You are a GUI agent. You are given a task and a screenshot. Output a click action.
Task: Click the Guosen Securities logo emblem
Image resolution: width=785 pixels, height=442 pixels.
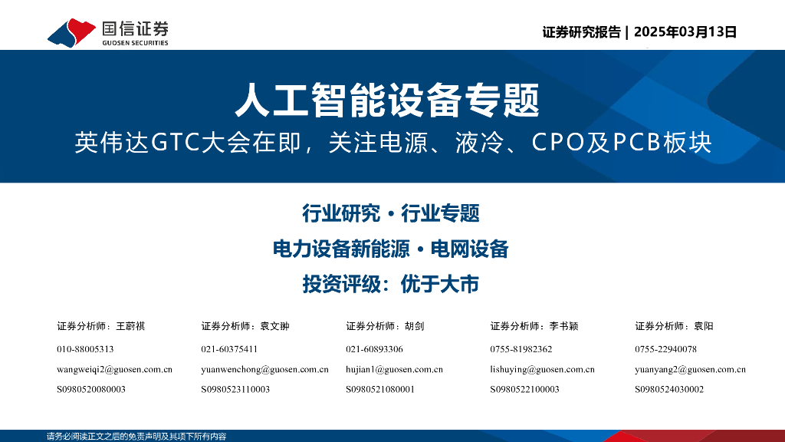tap(71, 32)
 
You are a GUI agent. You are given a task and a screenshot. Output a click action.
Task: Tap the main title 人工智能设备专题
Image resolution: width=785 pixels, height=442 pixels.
tap(387, 101)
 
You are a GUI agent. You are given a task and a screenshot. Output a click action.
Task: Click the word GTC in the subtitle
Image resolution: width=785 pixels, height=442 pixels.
tap(176, 143)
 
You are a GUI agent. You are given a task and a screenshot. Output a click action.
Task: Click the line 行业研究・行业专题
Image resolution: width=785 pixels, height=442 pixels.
tap(391, 213)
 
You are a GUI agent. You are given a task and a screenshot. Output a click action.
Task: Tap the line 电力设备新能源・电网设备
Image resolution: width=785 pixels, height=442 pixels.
tap(391, 249)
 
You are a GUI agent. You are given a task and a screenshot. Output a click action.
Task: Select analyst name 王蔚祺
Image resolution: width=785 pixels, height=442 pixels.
tap(130, 326)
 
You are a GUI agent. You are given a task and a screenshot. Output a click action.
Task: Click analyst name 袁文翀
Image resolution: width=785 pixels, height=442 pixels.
tap(275, 326)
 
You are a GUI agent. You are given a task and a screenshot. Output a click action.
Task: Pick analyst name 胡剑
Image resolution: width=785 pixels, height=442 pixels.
tap(415, 326)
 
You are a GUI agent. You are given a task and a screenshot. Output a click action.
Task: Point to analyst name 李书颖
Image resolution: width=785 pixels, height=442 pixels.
tap(563, 326)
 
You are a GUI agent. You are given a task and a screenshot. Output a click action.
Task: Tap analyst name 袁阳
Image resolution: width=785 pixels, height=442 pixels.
tap(704, 326)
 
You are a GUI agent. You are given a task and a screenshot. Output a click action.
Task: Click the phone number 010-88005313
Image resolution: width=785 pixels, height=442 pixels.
tap(85, 349)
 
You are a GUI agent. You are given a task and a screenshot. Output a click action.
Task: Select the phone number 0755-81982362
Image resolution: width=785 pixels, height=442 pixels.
tap(521, 349)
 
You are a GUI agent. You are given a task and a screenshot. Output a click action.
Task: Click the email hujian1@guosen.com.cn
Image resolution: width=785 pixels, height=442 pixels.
tap(394, 369)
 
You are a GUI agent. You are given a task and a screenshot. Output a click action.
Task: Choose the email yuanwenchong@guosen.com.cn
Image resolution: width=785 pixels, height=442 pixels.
tap(264, 369)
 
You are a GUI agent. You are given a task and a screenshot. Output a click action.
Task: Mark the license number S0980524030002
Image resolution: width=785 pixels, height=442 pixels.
tap(668, 389)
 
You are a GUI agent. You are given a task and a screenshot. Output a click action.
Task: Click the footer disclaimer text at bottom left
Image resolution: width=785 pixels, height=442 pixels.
tap(136, 437)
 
